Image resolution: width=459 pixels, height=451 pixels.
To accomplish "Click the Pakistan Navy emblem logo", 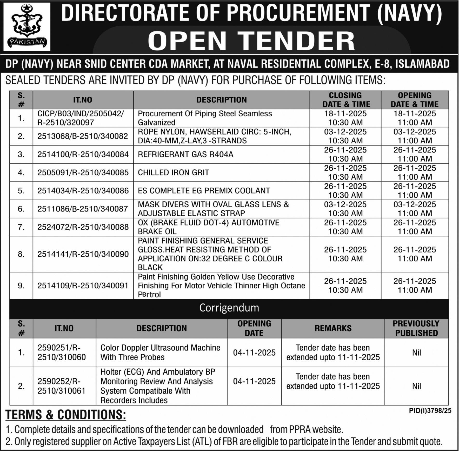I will [27, 26].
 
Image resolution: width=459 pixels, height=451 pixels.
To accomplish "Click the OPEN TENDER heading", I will [251, 41].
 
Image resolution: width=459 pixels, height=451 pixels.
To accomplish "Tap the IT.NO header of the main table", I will [83, 100].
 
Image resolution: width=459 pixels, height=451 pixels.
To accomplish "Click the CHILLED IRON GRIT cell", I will [173, 173].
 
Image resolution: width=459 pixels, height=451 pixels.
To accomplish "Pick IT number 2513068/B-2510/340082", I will [83, 136].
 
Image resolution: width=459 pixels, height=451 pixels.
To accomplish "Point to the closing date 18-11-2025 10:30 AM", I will [345, 118].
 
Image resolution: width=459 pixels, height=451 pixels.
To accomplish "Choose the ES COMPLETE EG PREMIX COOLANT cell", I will [204, 191].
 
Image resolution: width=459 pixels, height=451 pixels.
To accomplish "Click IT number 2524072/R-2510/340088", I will [83, 227].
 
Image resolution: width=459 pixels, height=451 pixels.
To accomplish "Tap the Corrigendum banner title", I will [229, 308].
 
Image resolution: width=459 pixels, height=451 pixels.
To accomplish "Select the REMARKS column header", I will [333, 328].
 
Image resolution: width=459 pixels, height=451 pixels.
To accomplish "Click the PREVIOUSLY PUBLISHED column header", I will [416, 328].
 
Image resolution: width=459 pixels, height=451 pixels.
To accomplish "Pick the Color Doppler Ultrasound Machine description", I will [160, 352].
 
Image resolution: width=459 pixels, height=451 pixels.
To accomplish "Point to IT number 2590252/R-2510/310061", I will [62, 386].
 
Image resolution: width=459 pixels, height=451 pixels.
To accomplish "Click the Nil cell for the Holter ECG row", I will [416, 386].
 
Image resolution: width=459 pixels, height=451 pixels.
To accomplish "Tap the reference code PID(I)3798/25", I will [430, 410].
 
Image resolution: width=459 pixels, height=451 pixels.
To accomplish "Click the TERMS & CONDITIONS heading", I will [65, 415].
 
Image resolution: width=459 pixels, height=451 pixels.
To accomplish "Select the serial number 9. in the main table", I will [21, 286].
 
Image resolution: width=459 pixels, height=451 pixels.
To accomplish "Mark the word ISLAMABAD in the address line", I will [422, 64].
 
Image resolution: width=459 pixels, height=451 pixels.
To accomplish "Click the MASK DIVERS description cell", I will [213, 209].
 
